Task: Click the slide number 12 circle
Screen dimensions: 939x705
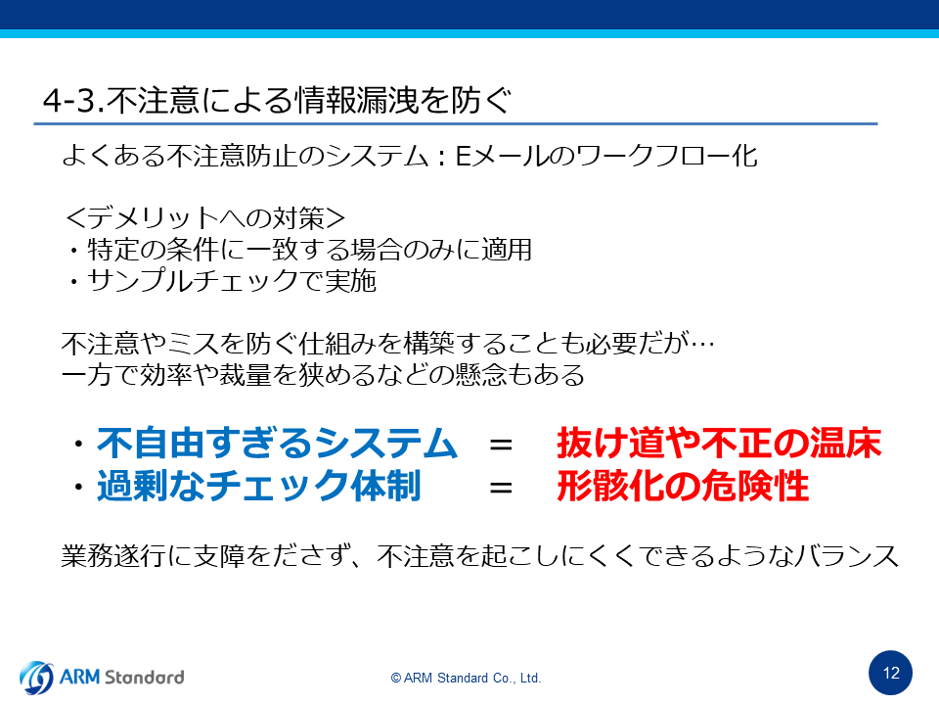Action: tap(890, 673)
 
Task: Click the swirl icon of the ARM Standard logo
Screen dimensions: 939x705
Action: tap(36, 678)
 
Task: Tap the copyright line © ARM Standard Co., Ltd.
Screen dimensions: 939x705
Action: tap(466, 678)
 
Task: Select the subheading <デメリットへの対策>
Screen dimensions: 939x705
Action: tap(205, 217)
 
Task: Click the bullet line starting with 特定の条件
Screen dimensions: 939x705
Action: tap(299, 250)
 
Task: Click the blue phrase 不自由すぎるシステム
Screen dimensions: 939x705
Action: tap(277, 444)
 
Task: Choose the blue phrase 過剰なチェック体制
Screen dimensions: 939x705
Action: tap(258, 486)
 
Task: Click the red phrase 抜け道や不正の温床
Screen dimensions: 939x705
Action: tap(719, 444)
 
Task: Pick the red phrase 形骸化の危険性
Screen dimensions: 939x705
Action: tap(683, 486)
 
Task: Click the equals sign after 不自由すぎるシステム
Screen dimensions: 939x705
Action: tap(501, 445)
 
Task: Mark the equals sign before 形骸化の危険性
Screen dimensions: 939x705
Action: tap(501, 488)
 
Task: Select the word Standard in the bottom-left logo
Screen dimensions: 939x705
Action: tap(145, 678)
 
